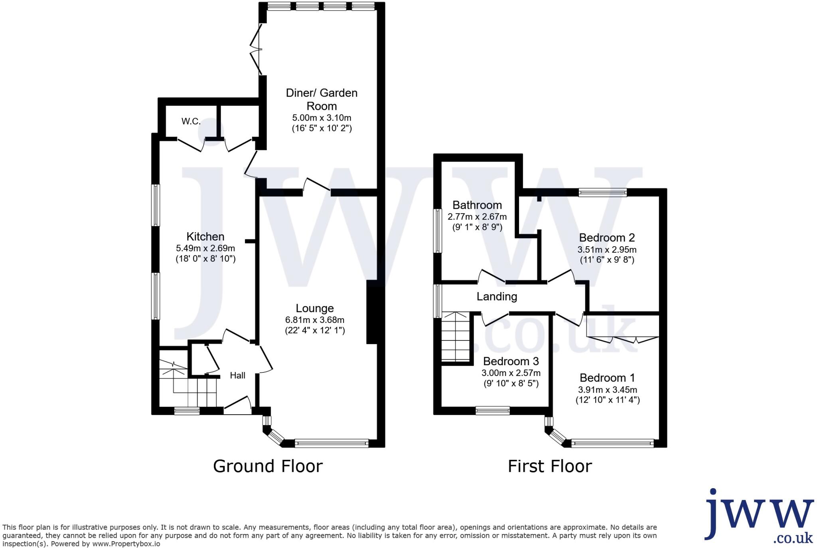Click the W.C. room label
point(191,121)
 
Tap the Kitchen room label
point(205,236)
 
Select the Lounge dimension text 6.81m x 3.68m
point(315,320)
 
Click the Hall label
point(237,375)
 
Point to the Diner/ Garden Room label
point(322,99)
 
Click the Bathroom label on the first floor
point(477,205)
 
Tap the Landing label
point(497,297)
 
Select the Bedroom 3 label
point(511,361)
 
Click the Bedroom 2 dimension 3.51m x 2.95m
point(607,250)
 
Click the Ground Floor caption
point(268,466)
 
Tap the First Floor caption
point(550,466)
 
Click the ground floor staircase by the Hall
point(187,383)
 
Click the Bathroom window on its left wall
point(438,231)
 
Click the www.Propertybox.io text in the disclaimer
point(126,544)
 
